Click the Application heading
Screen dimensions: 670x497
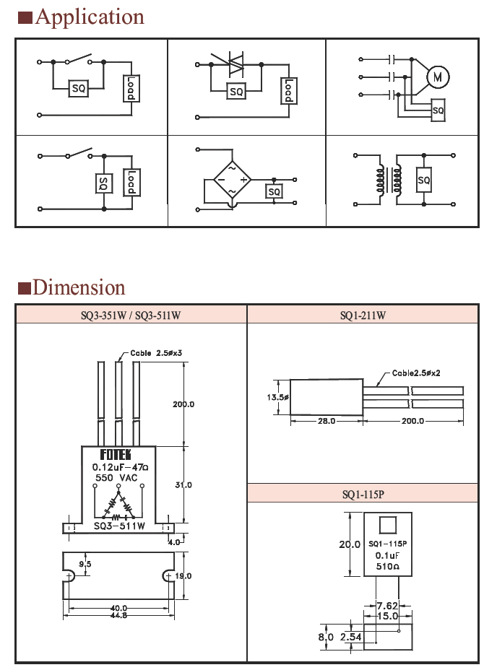89,17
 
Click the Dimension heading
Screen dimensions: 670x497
79,287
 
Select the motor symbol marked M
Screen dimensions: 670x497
436,77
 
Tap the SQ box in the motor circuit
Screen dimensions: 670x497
438,110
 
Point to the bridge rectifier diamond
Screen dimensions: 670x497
232,179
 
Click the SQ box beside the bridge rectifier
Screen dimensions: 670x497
274,191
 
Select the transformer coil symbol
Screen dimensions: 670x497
386,180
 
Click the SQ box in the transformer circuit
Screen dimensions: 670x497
424,180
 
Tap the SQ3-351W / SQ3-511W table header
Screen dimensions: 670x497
131,315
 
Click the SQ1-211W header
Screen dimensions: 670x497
363,315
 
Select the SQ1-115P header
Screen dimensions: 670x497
363,494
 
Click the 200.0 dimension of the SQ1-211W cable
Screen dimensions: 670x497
413,421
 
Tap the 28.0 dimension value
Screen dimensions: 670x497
327,421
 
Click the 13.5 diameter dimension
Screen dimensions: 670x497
278,397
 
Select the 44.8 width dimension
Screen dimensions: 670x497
120,615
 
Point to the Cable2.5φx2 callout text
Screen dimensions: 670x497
417,373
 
